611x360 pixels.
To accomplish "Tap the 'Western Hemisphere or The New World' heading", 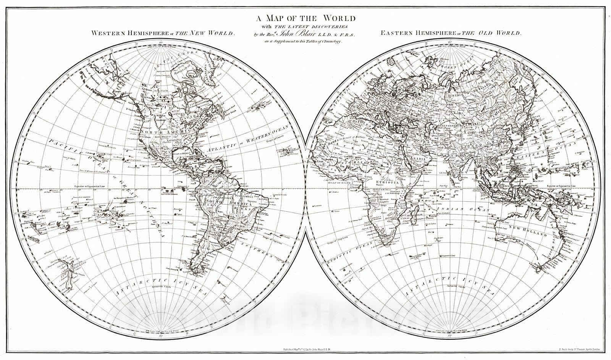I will click(x=163, y=33).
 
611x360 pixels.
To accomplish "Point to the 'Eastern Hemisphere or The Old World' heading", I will click(x=451, y=33).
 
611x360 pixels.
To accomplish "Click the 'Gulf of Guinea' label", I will click(x=338, y=183).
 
